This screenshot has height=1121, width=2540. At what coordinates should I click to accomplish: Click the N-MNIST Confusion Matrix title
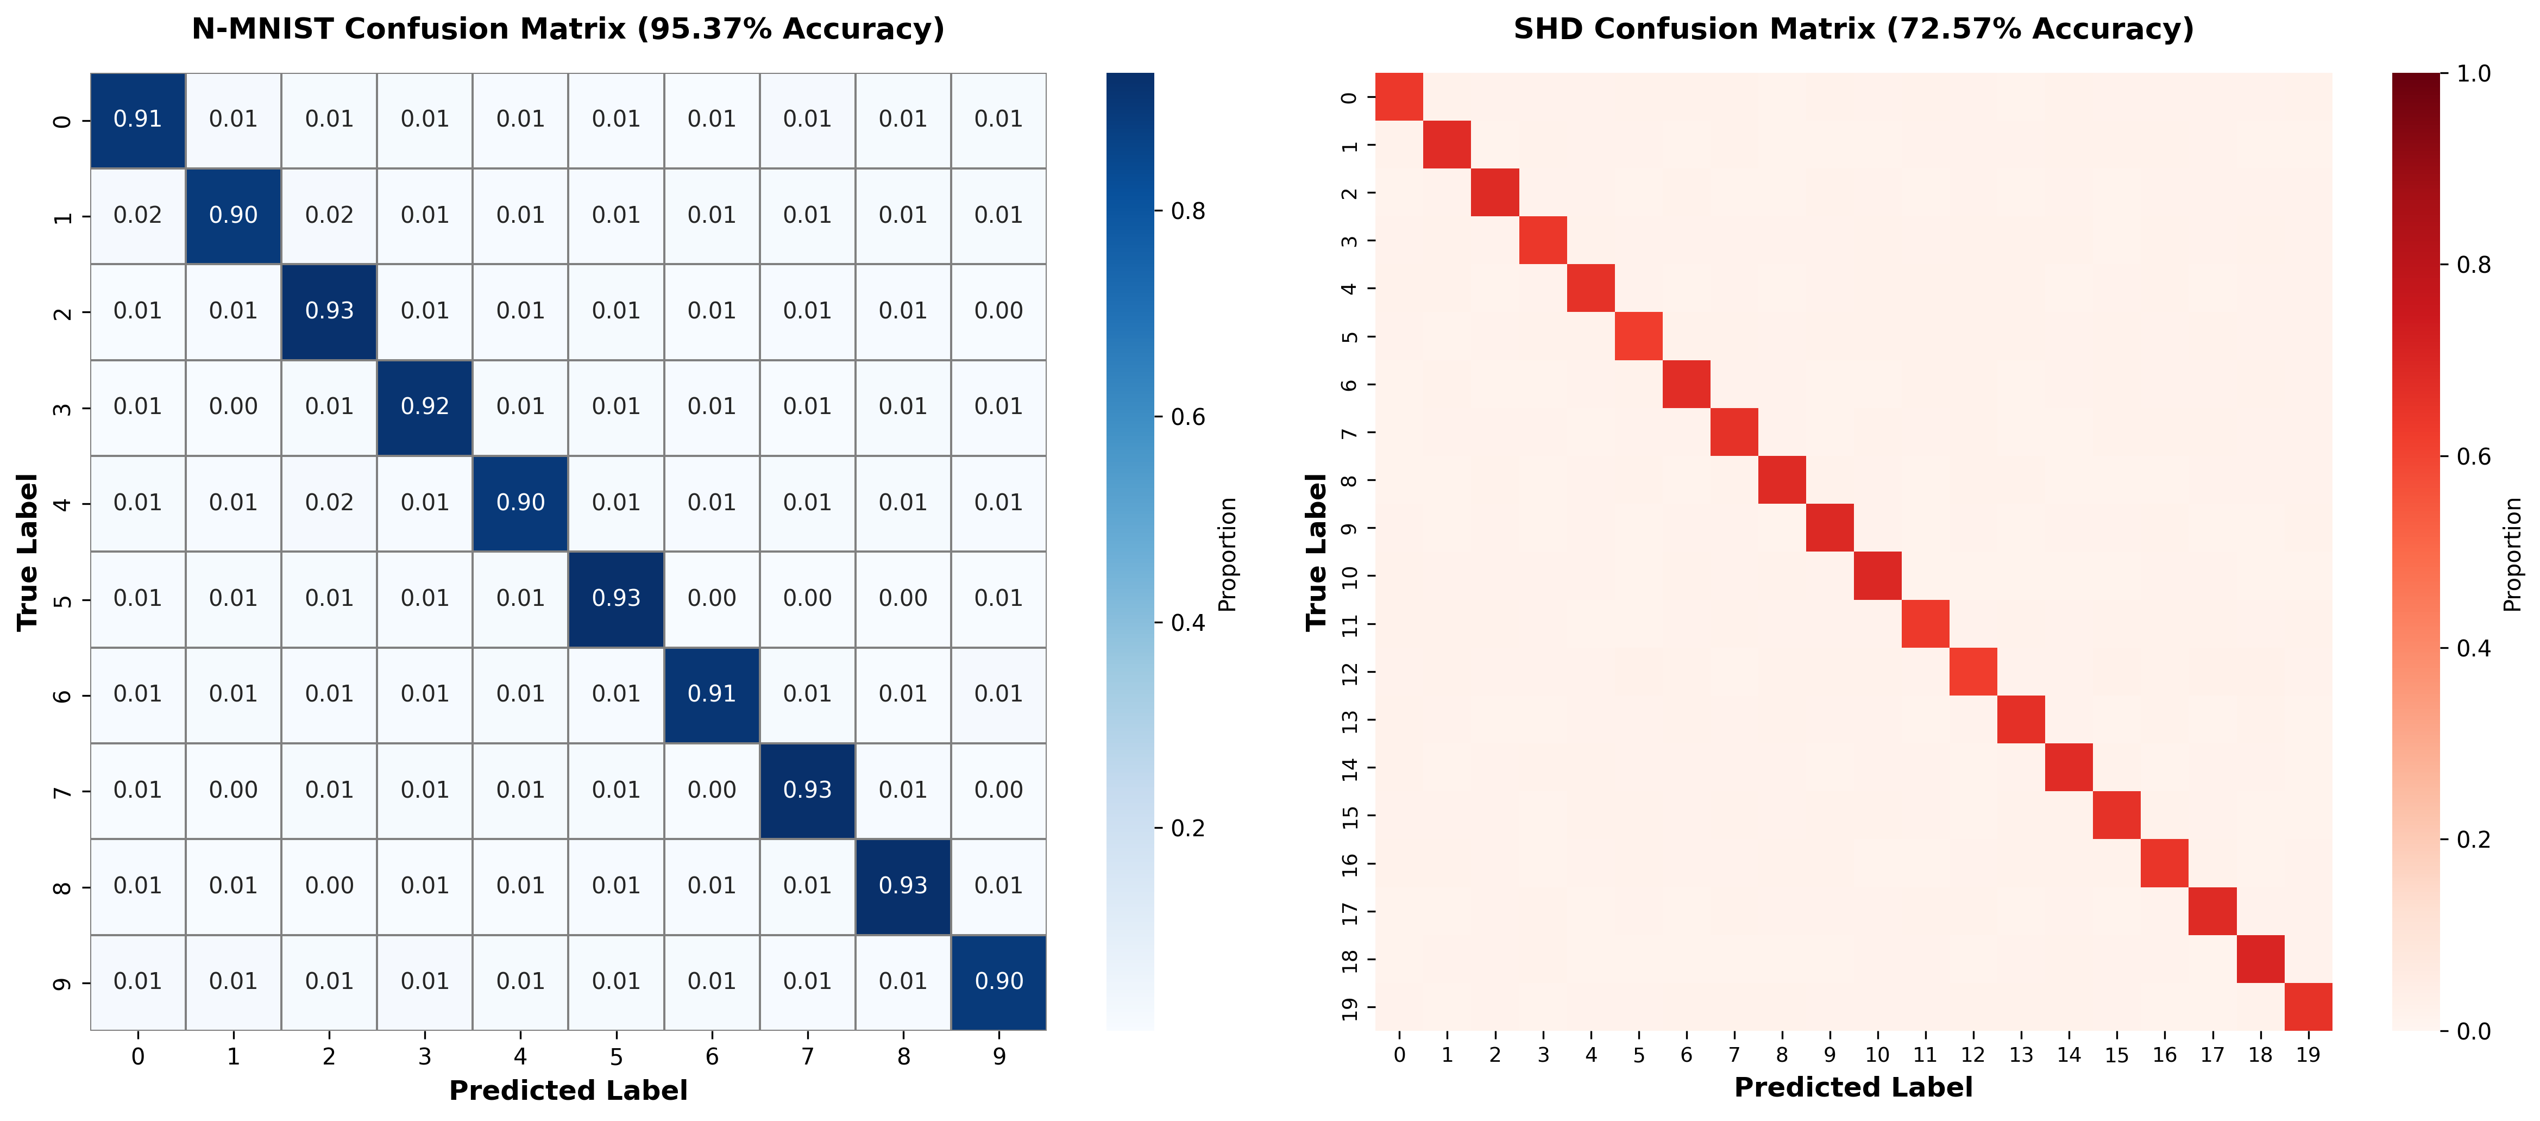568,29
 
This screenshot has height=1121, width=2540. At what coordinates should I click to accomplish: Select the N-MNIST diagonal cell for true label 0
138,120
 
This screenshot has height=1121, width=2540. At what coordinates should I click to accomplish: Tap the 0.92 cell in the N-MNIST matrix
425,407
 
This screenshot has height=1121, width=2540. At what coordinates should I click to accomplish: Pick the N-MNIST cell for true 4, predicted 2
329,503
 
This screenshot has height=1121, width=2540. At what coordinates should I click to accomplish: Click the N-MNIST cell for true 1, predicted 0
138,216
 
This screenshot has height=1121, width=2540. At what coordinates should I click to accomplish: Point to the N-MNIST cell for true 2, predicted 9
999,311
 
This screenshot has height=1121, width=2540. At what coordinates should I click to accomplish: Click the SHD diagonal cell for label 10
1877,576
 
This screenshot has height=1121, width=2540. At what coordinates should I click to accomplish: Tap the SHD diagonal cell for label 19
2308,1007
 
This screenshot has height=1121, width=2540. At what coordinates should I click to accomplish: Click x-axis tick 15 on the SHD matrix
2117,1055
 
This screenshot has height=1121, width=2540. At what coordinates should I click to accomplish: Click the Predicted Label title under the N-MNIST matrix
568,1091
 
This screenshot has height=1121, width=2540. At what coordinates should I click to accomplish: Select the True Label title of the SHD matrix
1316,552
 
